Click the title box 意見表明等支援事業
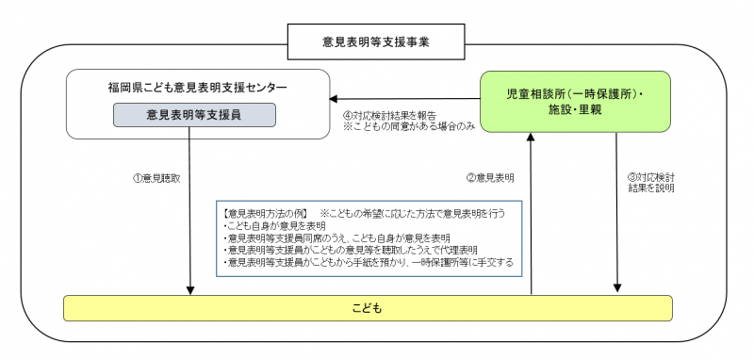click(x=376, y=42)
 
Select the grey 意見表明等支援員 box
click(x=196, y=115)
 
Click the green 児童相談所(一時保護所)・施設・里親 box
click(x=575, y=101)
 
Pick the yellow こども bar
click(x=368, y=308)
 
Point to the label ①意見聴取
click(x=155, y=177)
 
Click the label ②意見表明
click(x=490, y=177)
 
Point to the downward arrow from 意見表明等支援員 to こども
click(x=190, y=207)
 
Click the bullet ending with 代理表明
click(x=358, y=251)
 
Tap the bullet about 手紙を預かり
click(x=368, y=263)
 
